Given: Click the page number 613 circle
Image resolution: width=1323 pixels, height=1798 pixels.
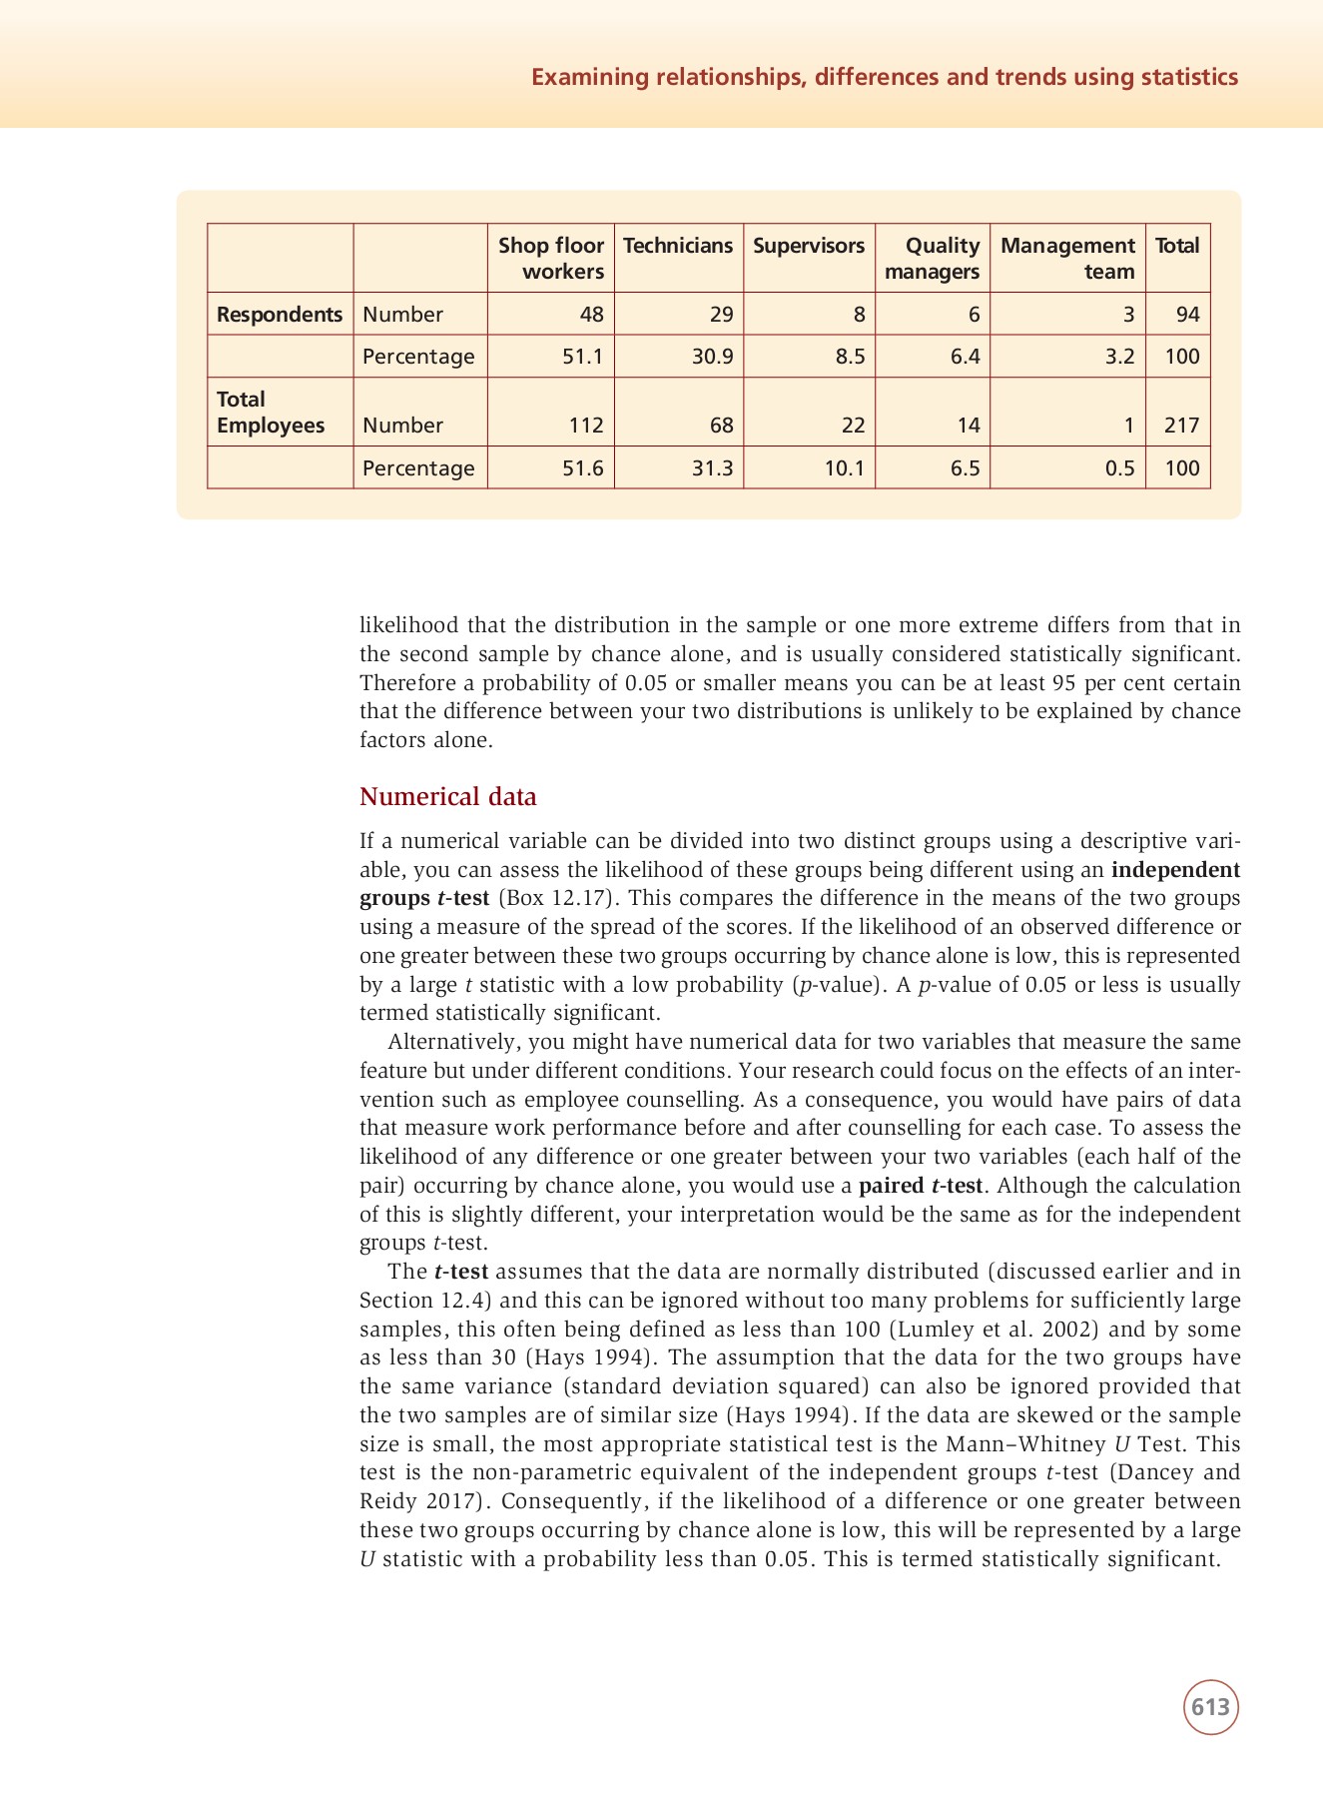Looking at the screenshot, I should tap(1210, 1707).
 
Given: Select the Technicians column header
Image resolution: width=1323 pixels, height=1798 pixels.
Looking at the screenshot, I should tap(678, 246).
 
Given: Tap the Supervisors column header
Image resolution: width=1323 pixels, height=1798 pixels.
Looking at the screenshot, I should tap(809, 246).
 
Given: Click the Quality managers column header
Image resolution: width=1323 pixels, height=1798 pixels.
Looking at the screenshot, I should tap(933, 258).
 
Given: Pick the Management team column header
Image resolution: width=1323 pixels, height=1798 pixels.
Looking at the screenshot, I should tap(1067, 258).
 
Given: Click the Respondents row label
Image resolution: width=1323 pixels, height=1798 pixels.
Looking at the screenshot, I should tap(280, 314).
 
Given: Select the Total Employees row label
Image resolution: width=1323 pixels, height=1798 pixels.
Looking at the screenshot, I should tap(271, 412).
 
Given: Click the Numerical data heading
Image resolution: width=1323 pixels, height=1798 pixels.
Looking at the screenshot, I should tap(447, 796).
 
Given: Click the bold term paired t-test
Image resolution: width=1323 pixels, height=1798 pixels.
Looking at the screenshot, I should tap(921, 1186).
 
